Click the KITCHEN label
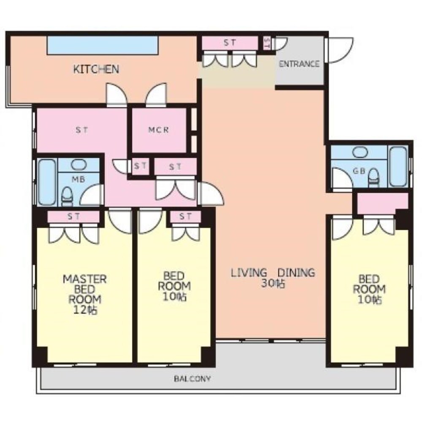click(x=96, y=69)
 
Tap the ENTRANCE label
click(x=299, y=64)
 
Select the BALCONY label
click(x=192, y=379)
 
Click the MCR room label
click(x=158, y=130)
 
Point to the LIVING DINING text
click(x=273, y=273)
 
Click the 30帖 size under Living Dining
click(x=273, y=283)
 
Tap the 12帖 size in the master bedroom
click(x=85, y=310)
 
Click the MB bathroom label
click(x=78, y=179)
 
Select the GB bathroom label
click(x=359, y=171)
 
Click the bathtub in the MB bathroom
click(x=47, y=182)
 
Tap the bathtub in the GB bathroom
click(x=398, y=166)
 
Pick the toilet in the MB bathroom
click(x=67, y=197)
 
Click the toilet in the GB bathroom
click(x=373, y=177)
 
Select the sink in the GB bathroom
click(x=360, y=152)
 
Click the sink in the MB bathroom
click(x=78, y=164)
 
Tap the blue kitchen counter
click(x=103, y=45)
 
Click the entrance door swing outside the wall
click(x=340, y=50)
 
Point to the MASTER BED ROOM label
click(x=85, y=289)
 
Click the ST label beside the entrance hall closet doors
click(x=230, y=42)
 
